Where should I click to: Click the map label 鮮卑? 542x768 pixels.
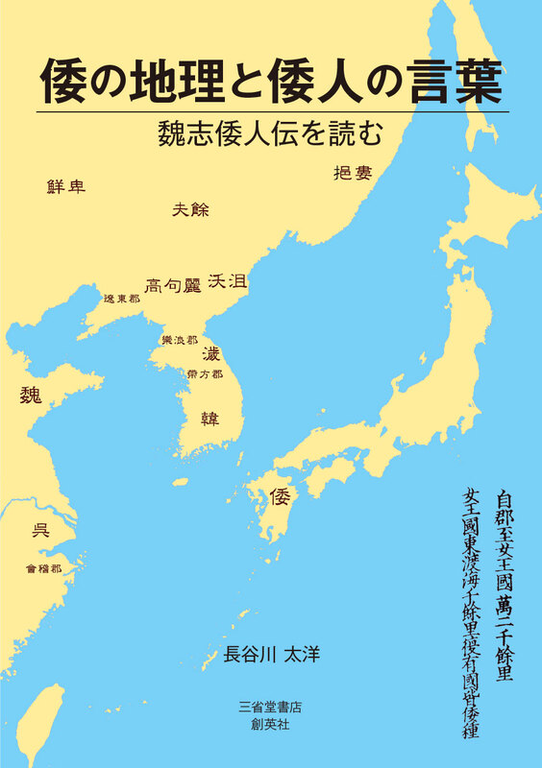tap(66, 186)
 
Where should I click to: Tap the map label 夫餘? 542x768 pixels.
tap(190, 210)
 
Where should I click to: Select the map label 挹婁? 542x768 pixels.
tap(352, 173)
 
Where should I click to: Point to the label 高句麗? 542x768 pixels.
tap(172, 284)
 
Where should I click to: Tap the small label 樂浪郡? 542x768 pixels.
tap(180, 340)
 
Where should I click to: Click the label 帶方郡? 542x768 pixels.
tap(205, 373)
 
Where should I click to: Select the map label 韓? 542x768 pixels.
tap(209, 419)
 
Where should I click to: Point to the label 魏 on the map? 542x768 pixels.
tap(32, 395)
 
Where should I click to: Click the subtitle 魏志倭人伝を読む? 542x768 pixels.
tap(272, 134)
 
